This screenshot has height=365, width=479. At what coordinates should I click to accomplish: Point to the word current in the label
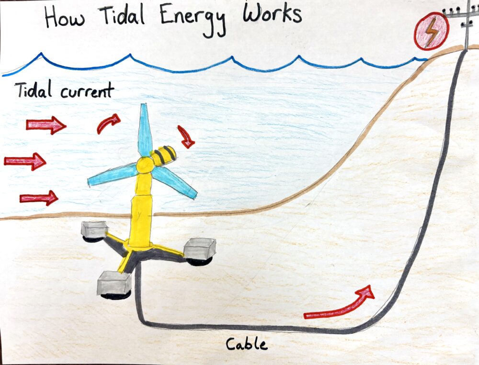click(87, 91)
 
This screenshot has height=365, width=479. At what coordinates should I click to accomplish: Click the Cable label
click(246, 344)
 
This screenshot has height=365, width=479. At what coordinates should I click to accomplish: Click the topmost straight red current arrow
click(46, 125)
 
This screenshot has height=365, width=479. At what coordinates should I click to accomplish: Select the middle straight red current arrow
click(25, 161)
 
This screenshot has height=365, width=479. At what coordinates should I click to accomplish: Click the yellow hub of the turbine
click(144, 166)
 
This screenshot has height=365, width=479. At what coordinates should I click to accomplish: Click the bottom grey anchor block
click(114, 285)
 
